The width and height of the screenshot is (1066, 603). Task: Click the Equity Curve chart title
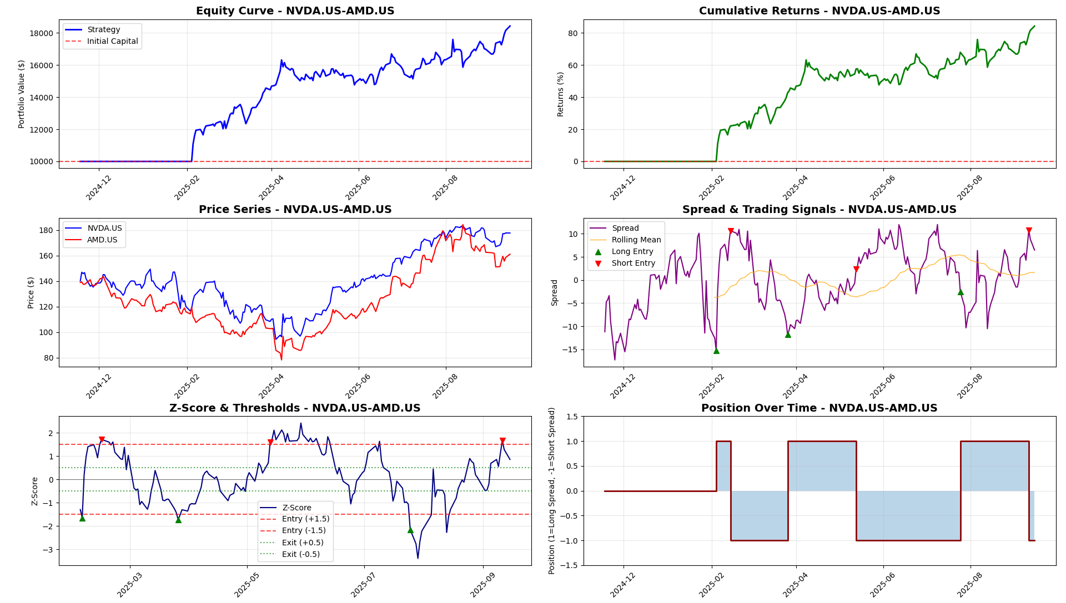pyautogui.click(x=295, y=11)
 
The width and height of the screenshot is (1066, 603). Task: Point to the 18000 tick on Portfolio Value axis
pyautogui.click(x=42, y=33)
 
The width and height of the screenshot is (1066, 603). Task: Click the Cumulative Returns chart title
pyautogui.click(x=819, y=11)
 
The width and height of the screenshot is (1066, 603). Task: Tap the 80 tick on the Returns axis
pyautogui.click(x=572, y=33)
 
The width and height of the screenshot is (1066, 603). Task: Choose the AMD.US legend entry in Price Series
pyautogui.click(x=102, y=240)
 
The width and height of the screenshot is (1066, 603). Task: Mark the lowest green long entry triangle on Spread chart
pyautogui.click(x=716, y=351)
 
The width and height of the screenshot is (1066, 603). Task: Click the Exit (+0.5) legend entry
pyautogui.click(x=303, y=543)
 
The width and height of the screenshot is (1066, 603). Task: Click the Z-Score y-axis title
pyautogui.click(x=35, y=491)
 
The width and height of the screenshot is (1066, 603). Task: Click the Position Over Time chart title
pyautogui.click(x=819, y=408)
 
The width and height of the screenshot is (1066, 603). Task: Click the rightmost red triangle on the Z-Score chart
pyautogui.click(x=502, y=441)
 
